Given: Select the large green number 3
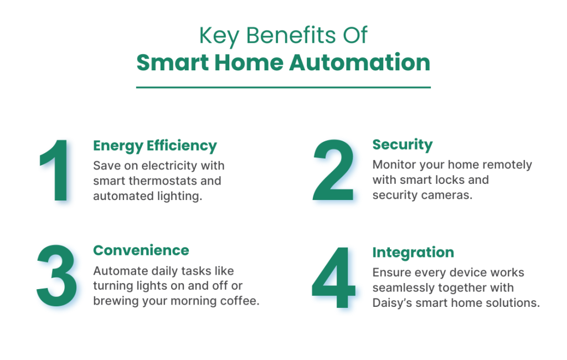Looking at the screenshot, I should pyautogui.click(x=57, y=275).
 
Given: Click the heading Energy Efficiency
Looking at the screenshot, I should pyautogui.click(x=154, y=146).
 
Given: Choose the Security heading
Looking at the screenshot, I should pyautogui.click(x=402, y=145).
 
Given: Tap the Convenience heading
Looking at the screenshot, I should pyautogui.click(x=141, y=250).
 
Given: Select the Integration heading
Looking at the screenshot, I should pyautogui.click(x=413, y=253).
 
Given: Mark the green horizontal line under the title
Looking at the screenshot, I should pyautogui.click(x=283, y=87).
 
